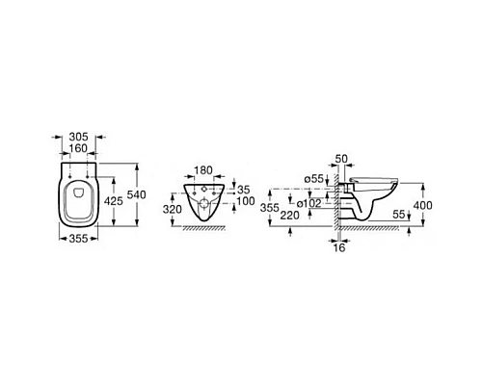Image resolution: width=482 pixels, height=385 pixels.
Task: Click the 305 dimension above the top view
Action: [x=79, y=137]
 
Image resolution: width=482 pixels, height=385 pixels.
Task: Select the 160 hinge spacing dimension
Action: [x=79, y=148]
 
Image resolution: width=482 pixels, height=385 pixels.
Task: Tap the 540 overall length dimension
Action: [x=137, y=194]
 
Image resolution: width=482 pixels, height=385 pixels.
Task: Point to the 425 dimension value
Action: [x=114, y=201]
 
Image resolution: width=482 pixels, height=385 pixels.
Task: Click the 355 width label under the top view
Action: [x=79, y=239]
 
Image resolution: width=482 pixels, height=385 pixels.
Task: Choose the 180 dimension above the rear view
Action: [x=203, y=170]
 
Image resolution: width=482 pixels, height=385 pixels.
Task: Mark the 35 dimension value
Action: [x=244, y=190]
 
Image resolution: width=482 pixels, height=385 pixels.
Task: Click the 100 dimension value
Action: [x=246, y=201]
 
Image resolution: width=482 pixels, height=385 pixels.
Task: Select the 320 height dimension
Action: [x=173, y=209]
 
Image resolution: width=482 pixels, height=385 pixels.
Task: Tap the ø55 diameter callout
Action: [x=314, y=179]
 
